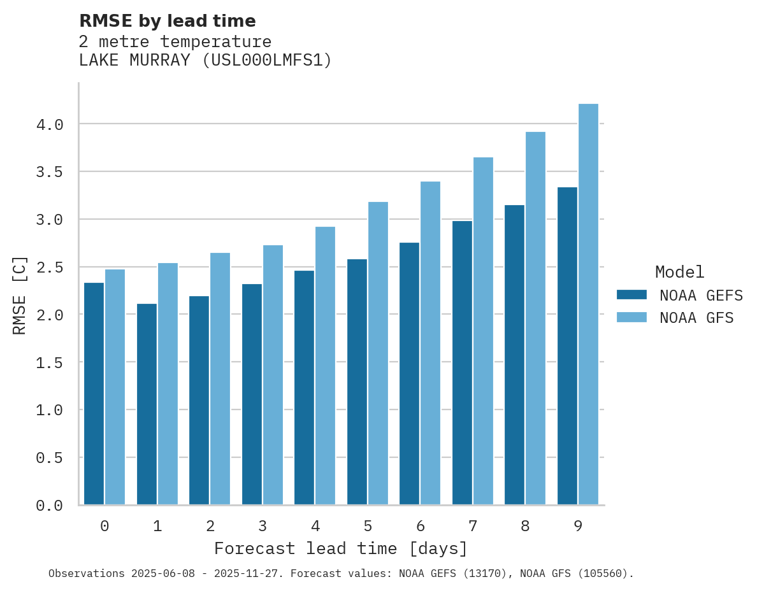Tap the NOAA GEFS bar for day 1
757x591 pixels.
point(147,404)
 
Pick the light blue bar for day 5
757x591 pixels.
point(378,353)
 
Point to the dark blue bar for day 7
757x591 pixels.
point(462,363)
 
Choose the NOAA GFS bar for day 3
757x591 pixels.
point(273,375)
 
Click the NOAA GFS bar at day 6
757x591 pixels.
point(430,343)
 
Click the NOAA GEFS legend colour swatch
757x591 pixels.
point(631,295)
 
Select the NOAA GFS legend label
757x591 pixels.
point(696,318)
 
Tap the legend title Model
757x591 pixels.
point(679,272)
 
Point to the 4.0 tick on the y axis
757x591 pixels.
point(50,125)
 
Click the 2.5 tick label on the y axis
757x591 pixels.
point(50,267)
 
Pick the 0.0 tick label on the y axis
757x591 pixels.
point(50,506)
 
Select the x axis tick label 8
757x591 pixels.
point(525,526)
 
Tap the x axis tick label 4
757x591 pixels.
point(315,526)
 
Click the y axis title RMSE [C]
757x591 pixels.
point(20,295)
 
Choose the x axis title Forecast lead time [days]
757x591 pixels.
point(341,548)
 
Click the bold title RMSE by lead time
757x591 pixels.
point(167,21)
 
